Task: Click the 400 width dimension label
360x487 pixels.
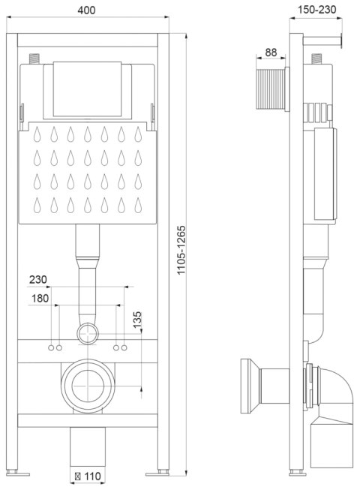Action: tap(86, 11)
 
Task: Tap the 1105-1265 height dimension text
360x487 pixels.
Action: tap(181, 251)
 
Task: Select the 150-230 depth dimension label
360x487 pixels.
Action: tap(316, 10)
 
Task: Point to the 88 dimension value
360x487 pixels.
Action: tap(271, 53)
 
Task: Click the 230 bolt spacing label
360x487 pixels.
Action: tap(38, 280)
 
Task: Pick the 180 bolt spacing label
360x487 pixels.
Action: tap(40, 298)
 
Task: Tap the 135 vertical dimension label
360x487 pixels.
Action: tap(136, 320)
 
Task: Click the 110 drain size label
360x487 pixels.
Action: tap(92, 476)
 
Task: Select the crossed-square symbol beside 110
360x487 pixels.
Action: tap(78, 476)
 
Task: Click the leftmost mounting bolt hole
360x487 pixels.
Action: tap(51, 348)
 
